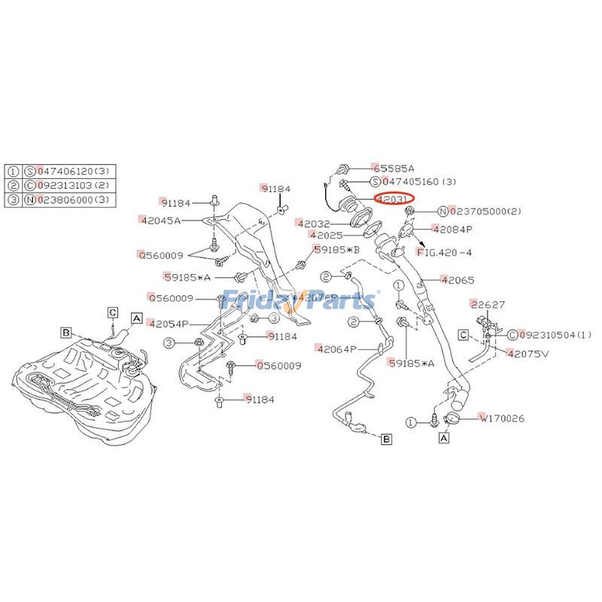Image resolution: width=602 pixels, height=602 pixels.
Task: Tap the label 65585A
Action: [394, 169]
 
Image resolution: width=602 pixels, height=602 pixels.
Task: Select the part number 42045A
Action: [160, 220]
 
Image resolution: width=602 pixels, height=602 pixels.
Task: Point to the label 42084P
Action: [452, 229]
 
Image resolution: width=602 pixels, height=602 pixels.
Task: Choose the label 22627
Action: [488, 305]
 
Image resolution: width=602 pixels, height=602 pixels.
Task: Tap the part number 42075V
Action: [529, 352]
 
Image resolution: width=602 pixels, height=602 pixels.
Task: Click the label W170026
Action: [503, 418]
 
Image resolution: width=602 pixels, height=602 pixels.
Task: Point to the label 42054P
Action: [169, 324]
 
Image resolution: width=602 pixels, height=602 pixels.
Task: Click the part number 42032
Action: [314, 223]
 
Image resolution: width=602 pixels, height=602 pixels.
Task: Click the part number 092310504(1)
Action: [555, 335]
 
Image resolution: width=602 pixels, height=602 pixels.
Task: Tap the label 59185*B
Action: [337, 248]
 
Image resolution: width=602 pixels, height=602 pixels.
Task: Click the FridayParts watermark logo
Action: [301, 299]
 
